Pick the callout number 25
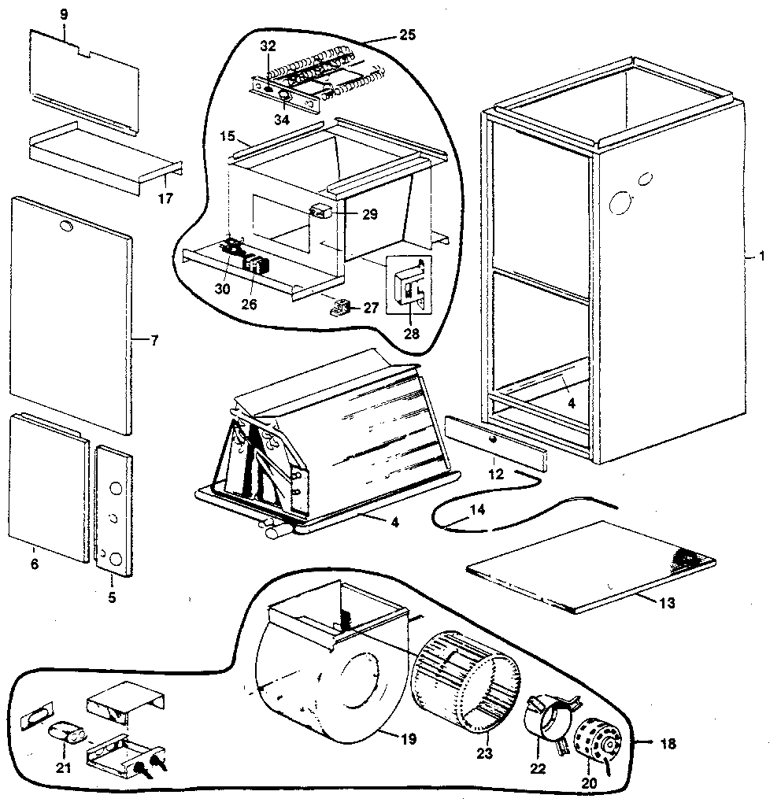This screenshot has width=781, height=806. pos(407,35)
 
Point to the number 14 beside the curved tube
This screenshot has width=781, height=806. pos(477,509)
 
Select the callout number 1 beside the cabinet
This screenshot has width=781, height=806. pos(761,257)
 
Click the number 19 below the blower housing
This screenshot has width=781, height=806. pos(407,739)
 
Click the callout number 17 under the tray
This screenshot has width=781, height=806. pos(165,198)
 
